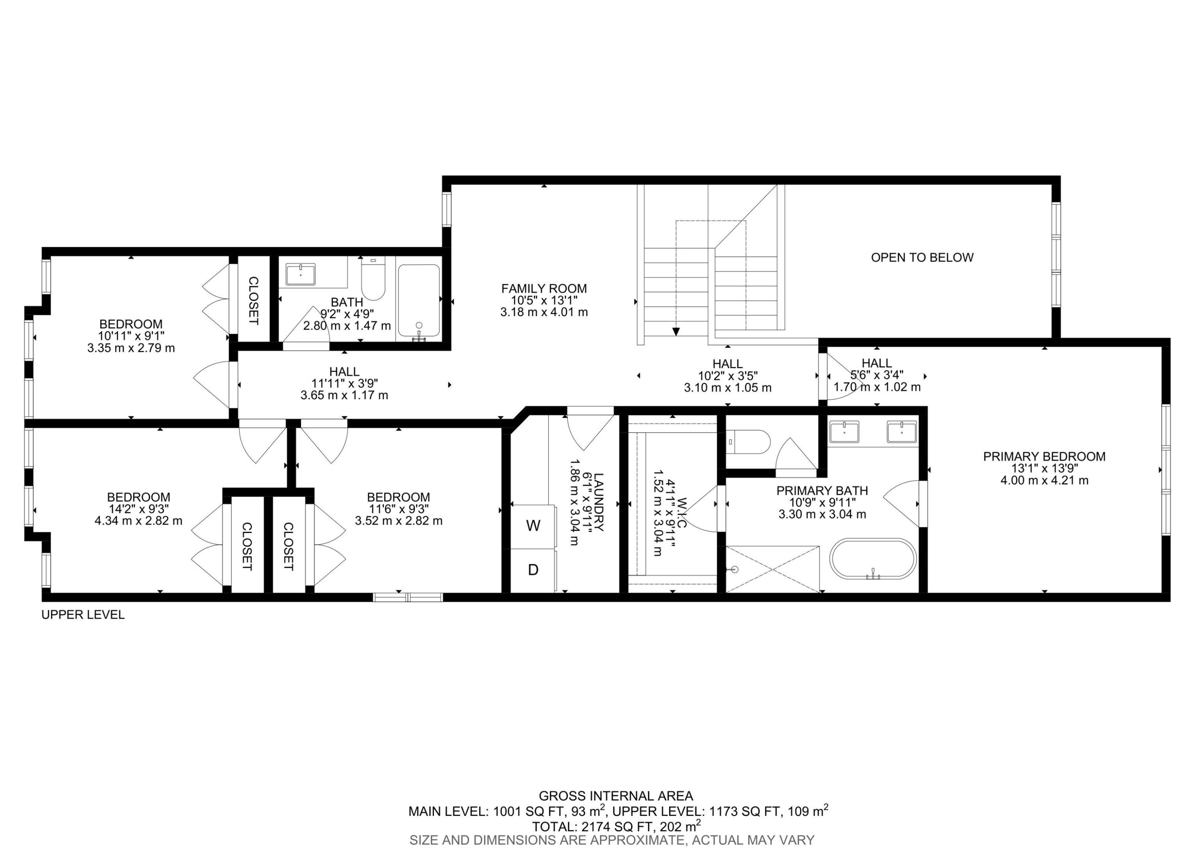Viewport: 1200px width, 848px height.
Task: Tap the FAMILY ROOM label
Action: (544, 288)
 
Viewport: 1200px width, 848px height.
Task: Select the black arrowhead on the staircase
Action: (676, 331)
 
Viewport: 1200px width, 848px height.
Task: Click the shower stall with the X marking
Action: (772, 569)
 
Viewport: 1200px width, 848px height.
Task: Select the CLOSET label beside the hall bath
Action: (253, 301)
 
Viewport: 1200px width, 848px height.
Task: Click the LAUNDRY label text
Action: (598, 502)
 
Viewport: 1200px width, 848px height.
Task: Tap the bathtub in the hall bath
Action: (419, 301)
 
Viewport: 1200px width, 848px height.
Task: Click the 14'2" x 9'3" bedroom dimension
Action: (138, 509)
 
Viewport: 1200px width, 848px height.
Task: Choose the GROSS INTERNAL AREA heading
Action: (616, 796)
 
